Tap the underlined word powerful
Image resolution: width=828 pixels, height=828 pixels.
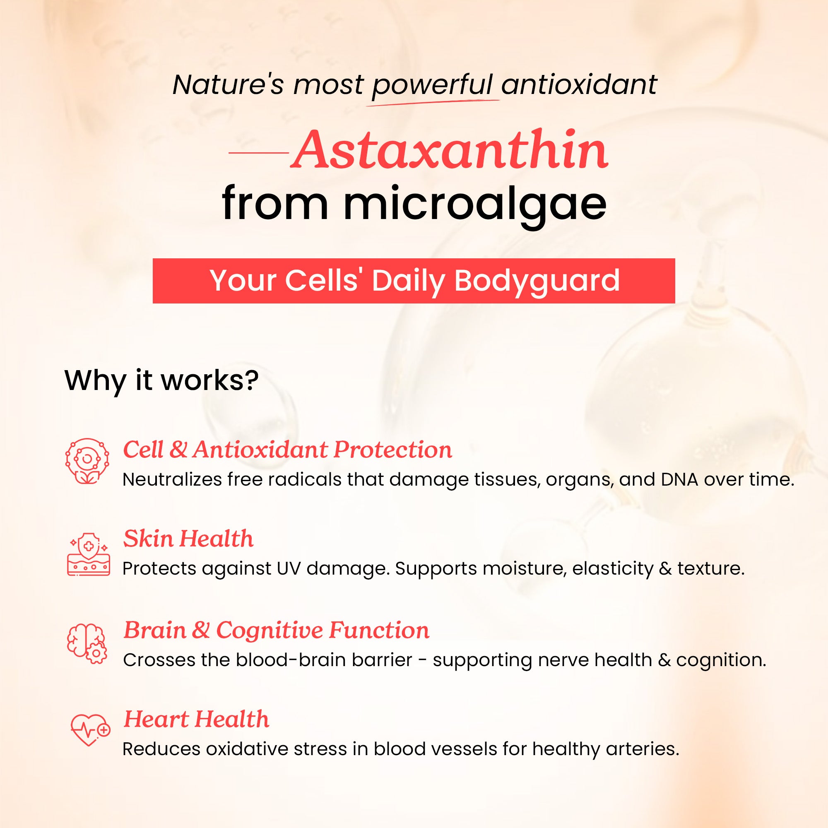tap(432, 85)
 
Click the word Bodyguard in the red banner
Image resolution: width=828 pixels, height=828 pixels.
tap(537, 281)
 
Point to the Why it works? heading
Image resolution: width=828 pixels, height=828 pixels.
tap(161, 380)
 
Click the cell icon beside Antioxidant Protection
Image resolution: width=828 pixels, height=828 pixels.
tap(87, 461)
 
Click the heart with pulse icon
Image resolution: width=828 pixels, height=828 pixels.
tap(90, 730)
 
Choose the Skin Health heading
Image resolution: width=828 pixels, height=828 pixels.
tap(188, 538)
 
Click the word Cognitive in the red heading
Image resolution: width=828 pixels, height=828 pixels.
tap(270, 630)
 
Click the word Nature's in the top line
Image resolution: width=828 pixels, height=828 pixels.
tap(228, 84)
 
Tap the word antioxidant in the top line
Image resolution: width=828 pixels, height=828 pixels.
tap(579, 84)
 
